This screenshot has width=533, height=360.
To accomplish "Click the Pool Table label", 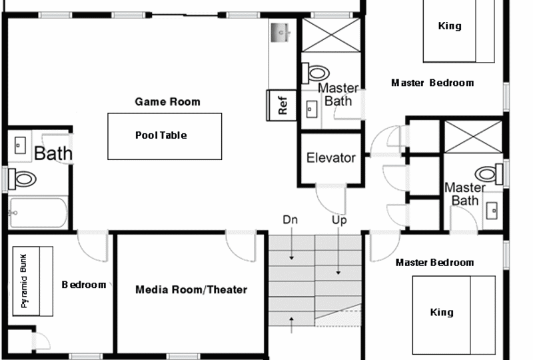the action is (161, 135).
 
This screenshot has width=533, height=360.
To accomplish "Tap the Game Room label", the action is (168, 102).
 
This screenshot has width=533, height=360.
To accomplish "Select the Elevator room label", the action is (330, 158).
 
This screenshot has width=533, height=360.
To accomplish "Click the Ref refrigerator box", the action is (281, 105).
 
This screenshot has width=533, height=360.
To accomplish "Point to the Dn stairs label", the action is (290, 220).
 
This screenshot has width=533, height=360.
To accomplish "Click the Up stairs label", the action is (339, 220).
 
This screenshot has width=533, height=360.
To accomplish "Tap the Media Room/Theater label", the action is (191, 289).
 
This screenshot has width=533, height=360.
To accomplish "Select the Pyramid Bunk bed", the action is (33, 281).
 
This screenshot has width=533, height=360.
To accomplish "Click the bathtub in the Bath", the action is (38, 213).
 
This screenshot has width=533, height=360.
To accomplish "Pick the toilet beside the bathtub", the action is (23, 179).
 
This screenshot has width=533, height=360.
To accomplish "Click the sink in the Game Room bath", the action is (20, 145).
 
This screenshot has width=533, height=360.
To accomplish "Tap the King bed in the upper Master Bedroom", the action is (458, 31).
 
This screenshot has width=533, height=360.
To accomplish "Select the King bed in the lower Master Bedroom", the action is (454, 315).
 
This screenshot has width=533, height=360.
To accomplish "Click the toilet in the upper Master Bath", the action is (316, 73).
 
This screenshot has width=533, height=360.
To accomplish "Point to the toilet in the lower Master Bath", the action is (489, 174).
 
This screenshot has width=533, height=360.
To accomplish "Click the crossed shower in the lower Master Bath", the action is (473, 137).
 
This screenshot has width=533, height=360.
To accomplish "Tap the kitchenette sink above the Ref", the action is (280, 33).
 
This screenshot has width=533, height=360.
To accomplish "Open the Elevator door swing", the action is (330, 199).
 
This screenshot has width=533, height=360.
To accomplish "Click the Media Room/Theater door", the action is (241, 246).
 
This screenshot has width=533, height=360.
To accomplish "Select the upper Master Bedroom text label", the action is (432, 83).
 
